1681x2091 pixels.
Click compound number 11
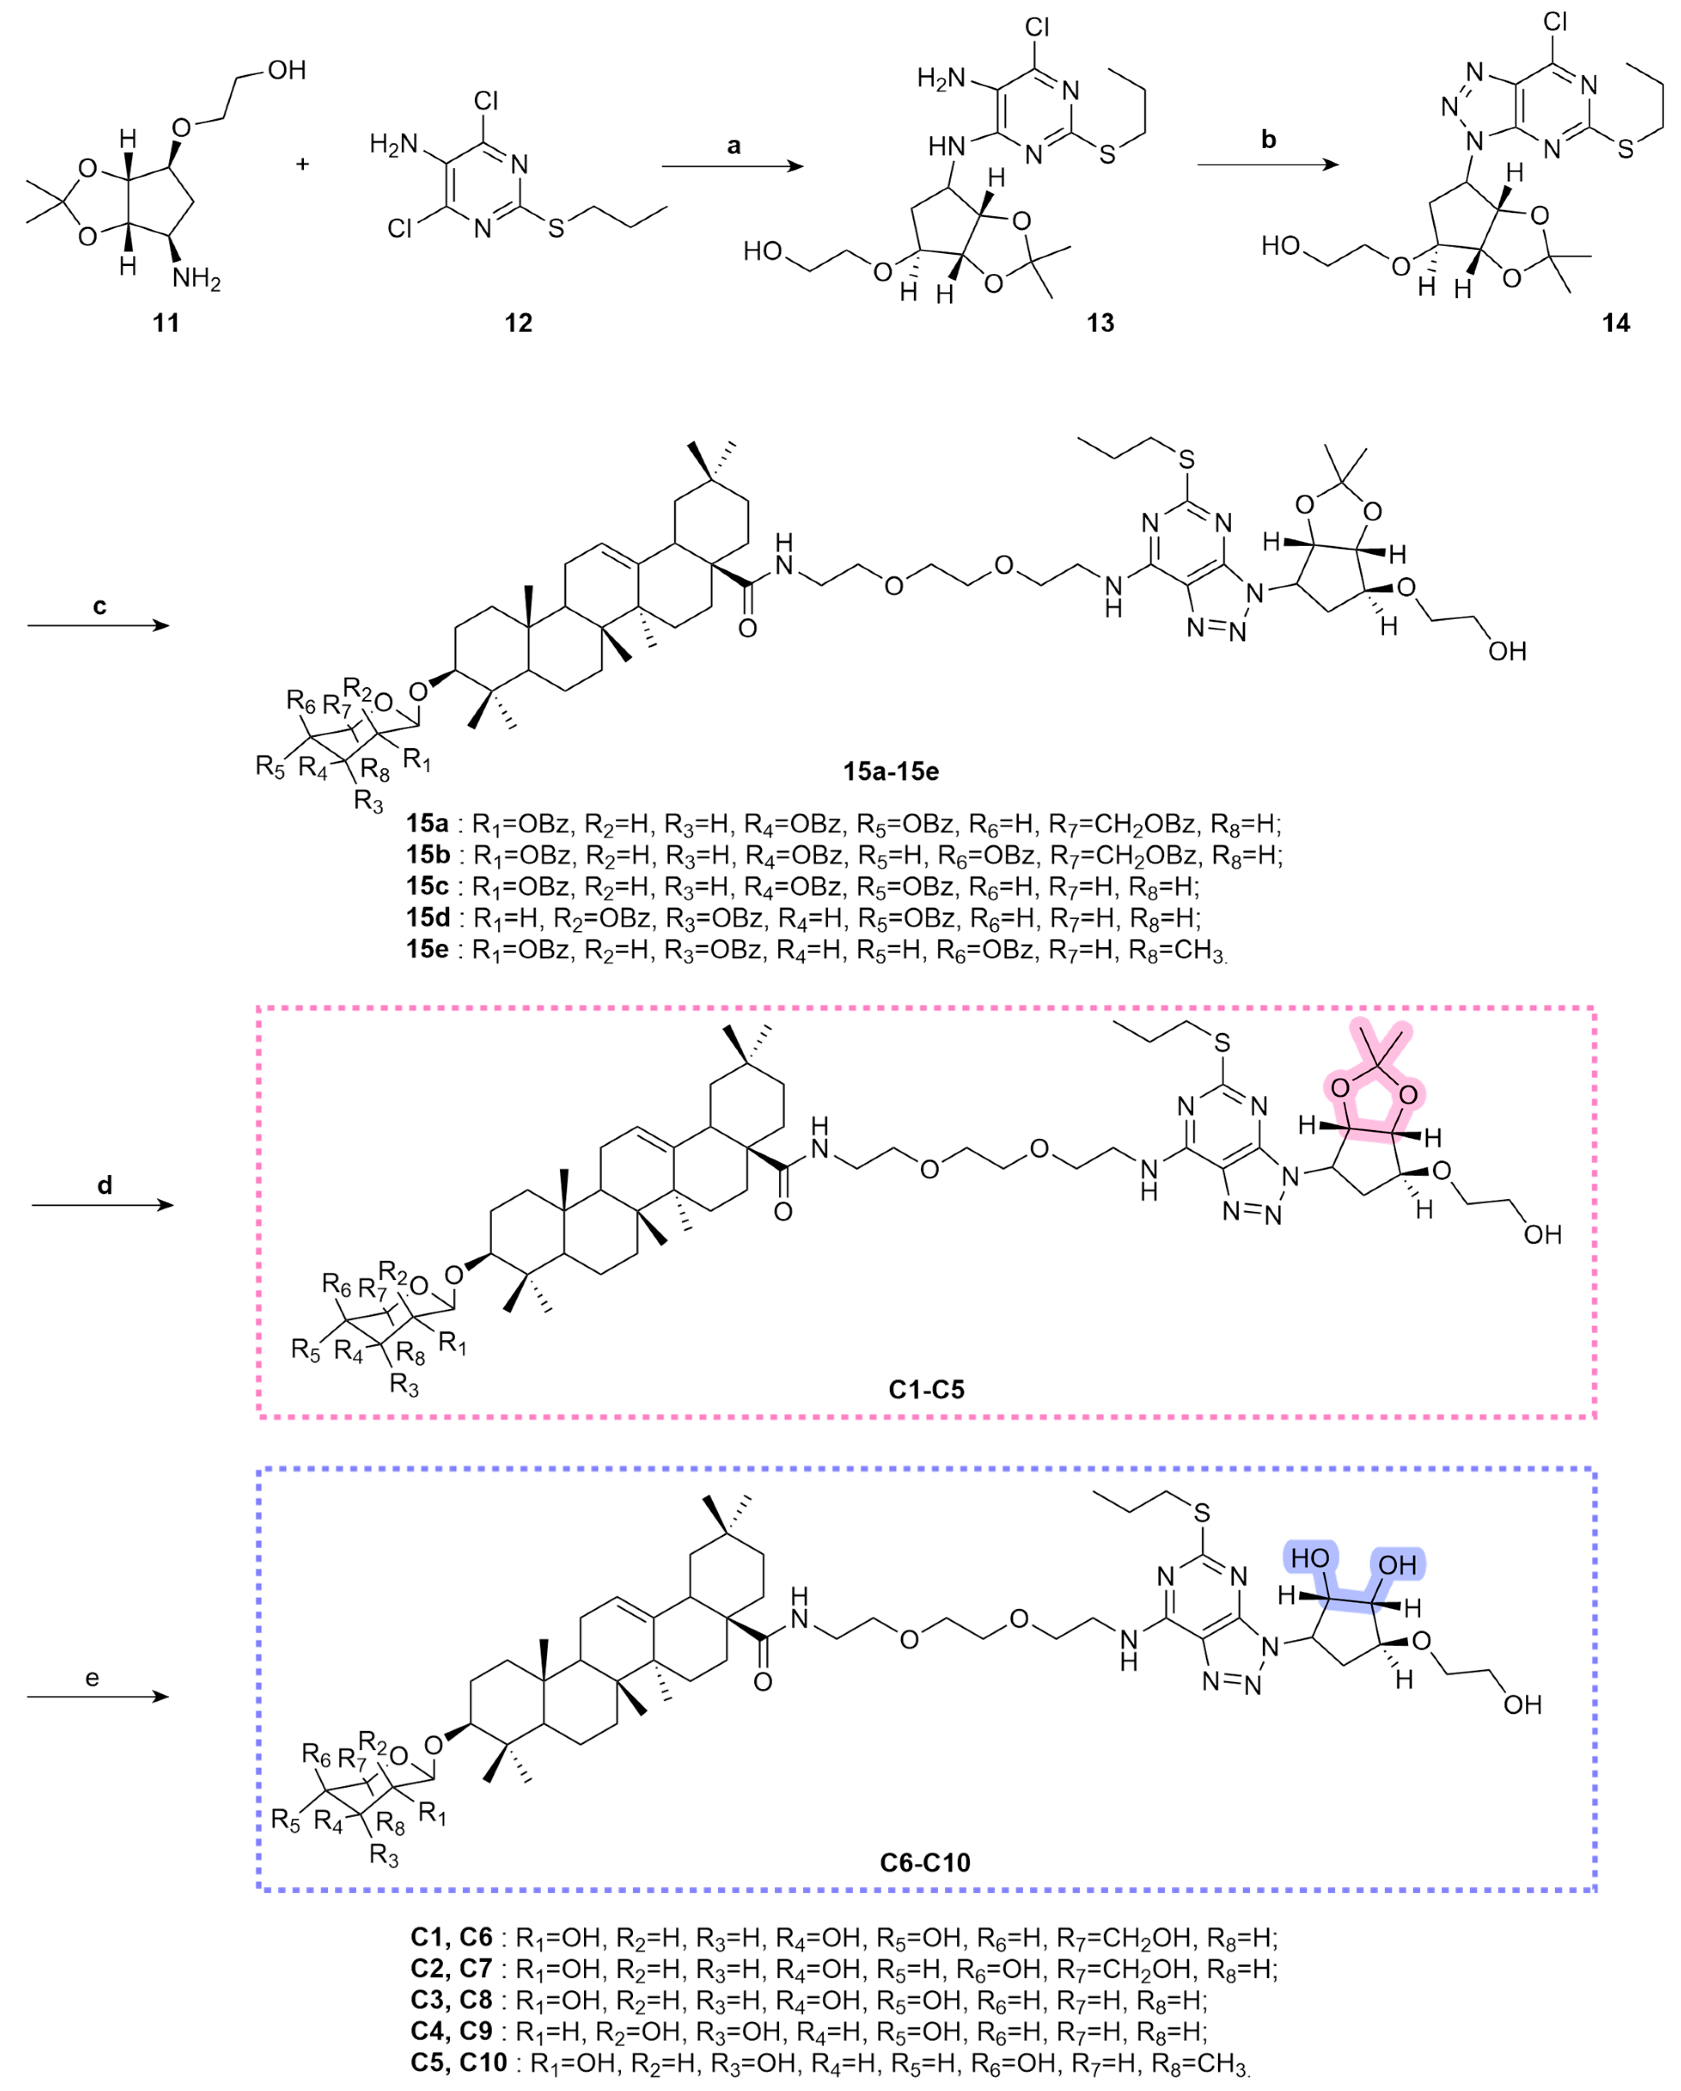pyautogui.click(x=166, y=323)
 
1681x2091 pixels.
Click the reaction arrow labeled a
pyautogui.click(x=732, y=167)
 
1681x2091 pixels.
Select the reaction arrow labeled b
pyautogui.click(x=1267, y=165)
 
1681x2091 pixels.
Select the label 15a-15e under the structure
pyautogui.click(x=890, y=772)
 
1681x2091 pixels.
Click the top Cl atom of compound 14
pyautogui.click(x=1555, y=21)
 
